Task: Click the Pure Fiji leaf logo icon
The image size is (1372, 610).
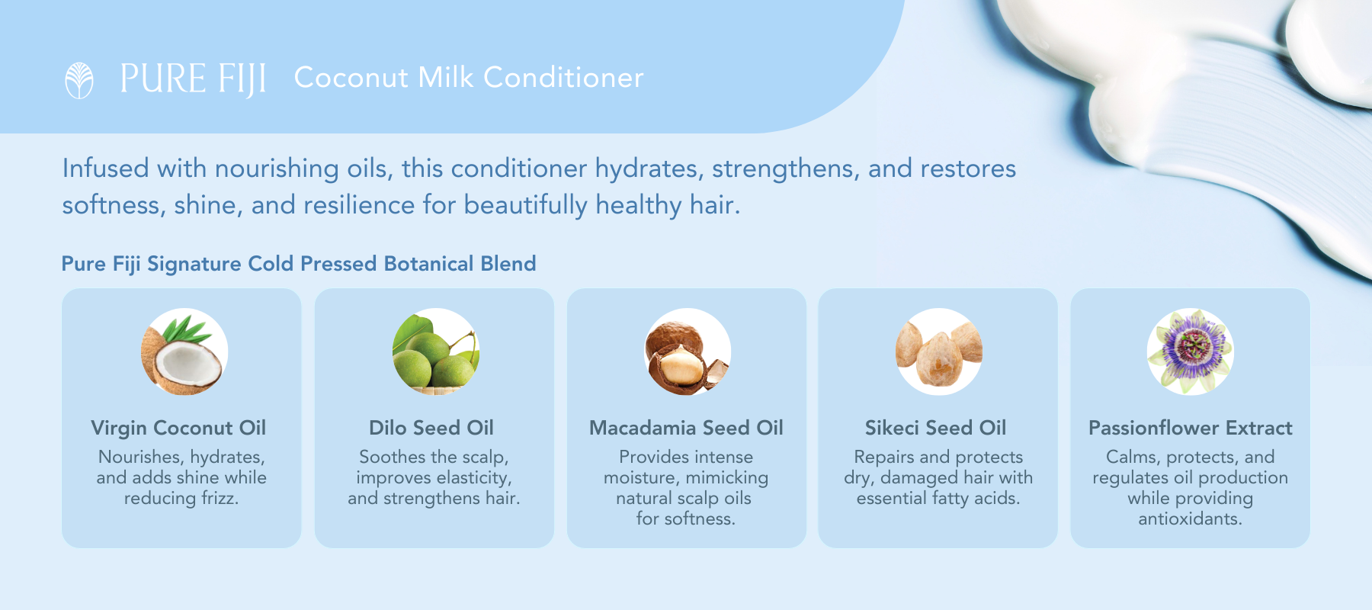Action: (79, 80)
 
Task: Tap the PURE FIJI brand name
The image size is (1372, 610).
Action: (194, 79)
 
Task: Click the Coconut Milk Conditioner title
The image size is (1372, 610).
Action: (469, 78)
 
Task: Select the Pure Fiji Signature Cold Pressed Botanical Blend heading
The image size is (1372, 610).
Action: (299, 264)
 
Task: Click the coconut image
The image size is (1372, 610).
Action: (184, 352)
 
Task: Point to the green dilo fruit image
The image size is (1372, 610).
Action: (435, 352)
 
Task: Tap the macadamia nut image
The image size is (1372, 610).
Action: (688, 352)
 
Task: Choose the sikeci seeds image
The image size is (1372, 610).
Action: (939, 352)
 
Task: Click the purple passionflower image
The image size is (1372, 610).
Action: (1191, 352)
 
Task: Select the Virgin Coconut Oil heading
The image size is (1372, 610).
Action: (178, 428)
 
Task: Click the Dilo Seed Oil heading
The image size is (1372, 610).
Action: (431, 428)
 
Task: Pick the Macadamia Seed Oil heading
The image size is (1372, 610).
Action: (686, 428)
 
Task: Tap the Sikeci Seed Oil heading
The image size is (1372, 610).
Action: (935, 428)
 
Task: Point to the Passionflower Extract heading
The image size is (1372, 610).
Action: (1191, 428)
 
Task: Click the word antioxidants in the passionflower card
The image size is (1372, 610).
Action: (1190, 518)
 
